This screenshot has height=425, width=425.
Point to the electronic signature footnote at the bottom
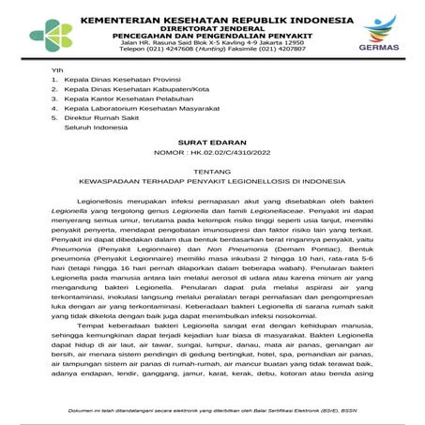click(x=212, y=408)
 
